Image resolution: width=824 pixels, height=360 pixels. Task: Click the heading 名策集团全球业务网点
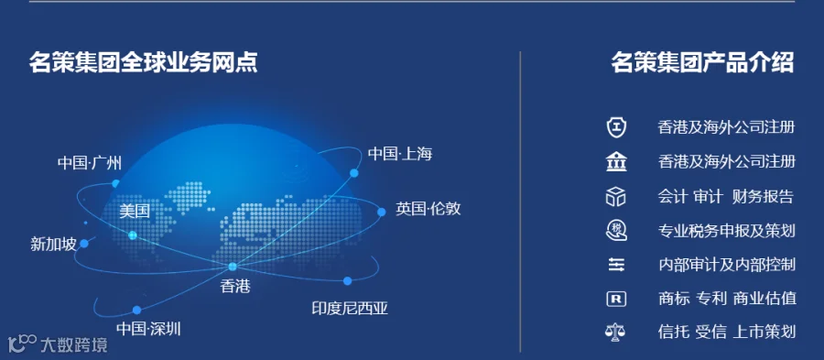143,62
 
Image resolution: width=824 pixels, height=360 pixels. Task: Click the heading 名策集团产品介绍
702,62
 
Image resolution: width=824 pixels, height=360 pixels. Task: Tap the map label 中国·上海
400,154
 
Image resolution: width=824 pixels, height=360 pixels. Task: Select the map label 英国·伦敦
428,209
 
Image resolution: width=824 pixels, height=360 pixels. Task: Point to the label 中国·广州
90,163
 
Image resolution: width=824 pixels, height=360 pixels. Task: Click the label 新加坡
53,244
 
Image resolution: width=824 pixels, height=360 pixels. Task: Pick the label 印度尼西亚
350,308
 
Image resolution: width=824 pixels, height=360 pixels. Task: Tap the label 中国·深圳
148,329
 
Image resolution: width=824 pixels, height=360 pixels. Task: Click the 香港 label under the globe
235,287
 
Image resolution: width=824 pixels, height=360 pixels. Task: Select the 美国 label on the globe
135,212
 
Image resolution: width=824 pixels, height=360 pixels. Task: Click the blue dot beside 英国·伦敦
382,212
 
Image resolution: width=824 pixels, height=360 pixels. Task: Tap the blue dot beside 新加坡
84,244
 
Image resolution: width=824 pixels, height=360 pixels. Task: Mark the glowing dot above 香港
233,267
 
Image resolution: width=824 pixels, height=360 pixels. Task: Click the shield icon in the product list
616,127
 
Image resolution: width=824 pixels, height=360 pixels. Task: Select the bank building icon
616,162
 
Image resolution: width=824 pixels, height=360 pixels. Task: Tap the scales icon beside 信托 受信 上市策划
616,333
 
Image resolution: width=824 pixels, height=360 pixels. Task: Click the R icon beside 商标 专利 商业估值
616,299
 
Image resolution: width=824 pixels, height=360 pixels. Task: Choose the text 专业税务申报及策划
727,230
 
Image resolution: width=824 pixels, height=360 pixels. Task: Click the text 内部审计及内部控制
727,265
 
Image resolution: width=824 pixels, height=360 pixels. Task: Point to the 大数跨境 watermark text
74,344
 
